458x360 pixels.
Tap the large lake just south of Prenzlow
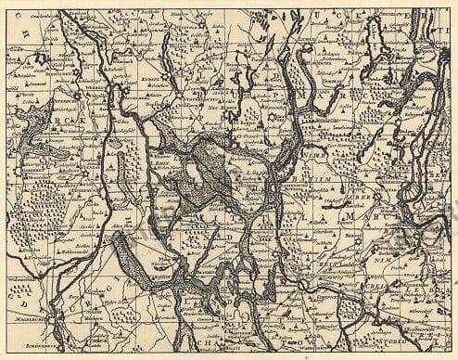(x=379, y=46)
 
